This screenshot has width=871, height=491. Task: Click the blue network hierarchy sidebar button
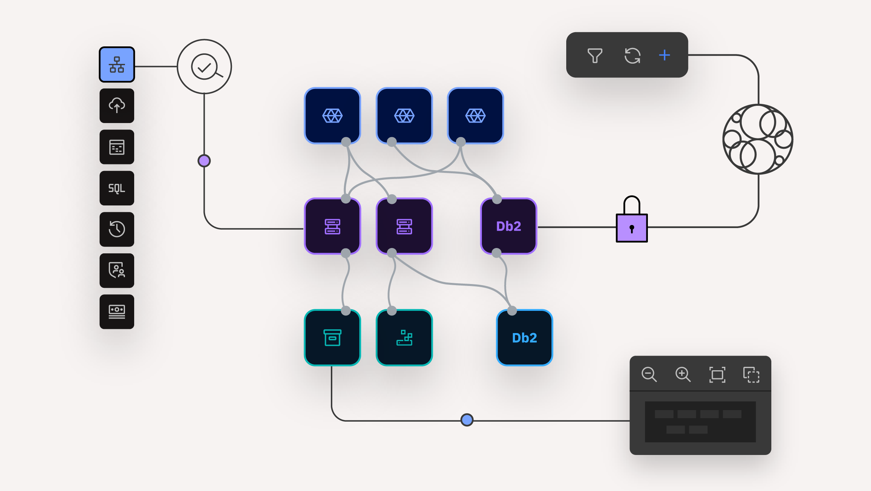pyautogui.click(x=117, y=64)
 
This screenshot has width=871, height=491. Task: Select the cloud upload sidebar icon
pyautogui.click(x=117, y=105)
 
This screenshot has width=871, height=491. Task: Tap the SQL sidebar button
pyautogui.click(x=117, y=188)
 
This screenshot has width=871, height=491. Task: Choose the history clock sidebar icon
pyautogui.click(x=117, y=229)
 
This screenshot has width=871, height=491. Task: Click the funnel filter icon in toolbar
pyautogui.click(x=595, y=56)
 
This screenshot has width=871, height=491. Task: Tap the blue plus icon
pyautogui.click(x=664, y=55)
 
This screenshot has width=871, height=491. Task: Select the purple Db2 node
pyautogui.click(x=509, y=226)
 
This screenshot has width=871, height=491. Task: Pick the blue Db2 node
pyautogui.click(x=524, y=338)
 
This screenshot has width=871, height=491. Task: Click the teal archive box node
pyautogui.click(x=332, y=338)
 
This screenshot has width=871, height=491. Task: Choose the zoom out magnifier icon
pyautogui.click(x=649, y=374)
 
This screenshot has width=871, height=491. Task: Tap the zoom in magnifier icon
pyautogui.click(x=683, y=374)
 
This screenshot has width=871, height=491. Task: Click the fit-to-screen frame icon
pyautogui.click(x=717, y=374)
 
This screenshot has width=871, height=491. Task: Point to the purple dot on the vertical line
pyautogui.click(x=204, y=161)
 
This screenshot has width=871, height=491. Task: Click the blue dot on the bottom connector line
pyautogui.click(x=467, y=420)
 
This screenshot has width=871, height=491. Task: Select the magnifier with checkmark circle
pyautogui.click(x=204, y=67)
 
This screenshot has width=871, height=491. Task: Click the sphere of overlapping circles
pyautogui.click(x=758, y=139)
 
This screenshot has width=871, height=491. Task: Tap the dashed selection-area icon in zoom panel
pyautogui.click(x=751, y=374)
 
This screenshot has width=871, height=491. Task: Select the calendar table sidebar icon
pyautogui.click(x=117, y=147)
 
